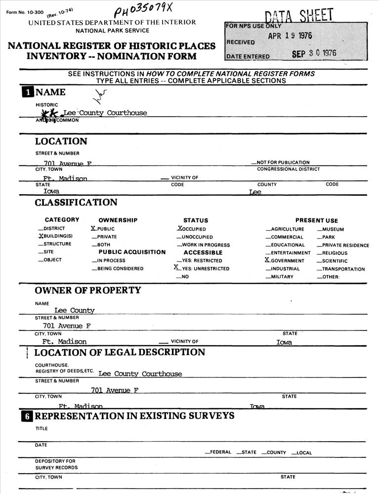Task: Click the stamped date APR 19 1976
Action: click(290, 36)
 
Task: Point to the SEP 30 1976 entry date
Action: click(314, 54)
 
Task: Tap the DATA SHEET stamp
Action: click(299, 16)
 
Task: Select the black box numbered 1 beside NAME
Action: click(27, 92)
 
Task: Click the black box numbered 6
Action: click(27, 416)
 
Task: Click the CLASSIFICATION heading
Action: click(76, 203)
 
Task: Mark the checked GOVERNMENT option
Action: click(285, 261)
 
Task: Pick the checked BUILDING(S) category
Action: click(55, 236)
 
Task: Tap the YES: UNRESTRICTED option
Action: click(203, 268)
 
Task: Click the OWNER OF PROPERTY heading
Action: click(87, 290)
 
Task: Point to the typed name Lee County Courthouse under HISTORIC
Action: click(105, 113)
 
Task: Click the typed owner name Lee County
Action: click(74, 311)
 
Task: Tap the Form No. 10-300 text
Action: click(23, 11)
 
